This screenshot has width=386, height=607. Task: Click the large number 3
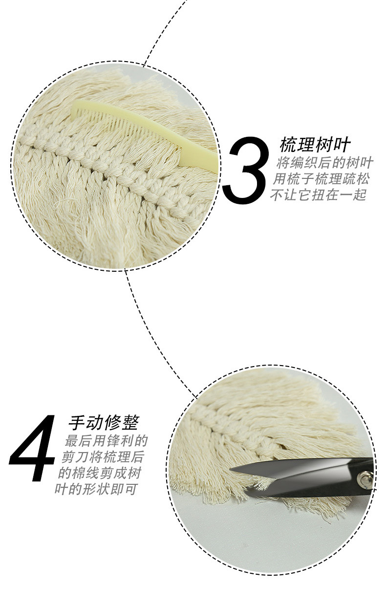[246, 170]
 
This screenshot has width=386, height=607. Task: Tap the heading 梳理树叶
[315, 145]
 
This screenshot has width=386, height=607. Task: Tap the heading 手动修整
[104, 422]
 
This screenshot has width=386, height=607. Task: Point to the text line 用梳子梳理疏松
[321, 178]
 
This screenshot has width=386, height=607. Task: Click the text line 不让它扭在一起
[318, 195]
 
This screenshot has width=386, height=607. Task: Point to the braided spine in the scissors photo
[230, 430]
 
